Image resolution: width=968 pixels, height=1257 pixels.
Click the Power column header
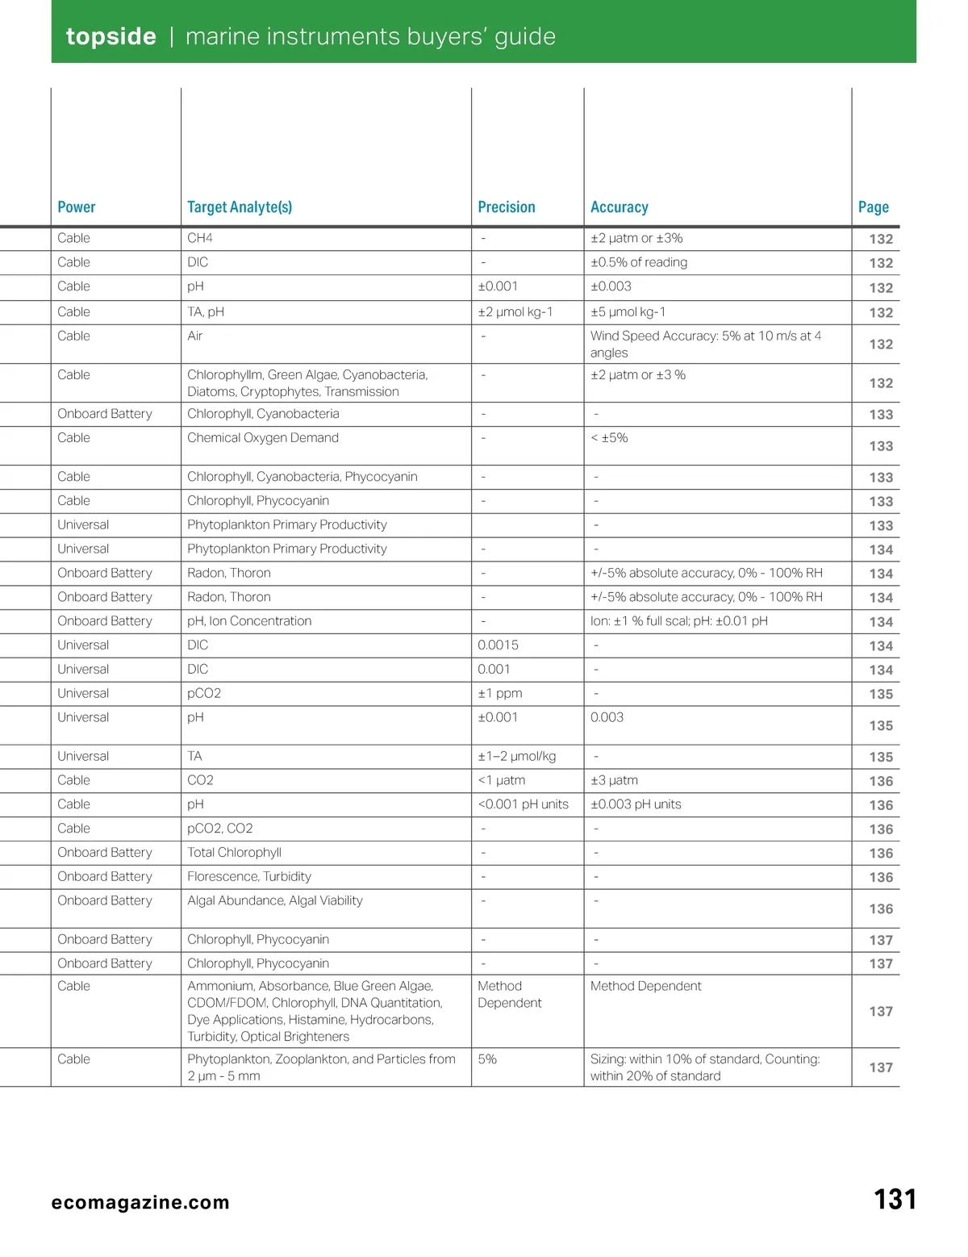click(77, 207)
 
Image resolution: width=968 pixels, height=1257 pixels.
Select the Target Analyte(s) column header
click(240, 207)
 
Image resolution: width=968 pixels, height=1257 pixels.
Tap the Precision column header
click(507, 207)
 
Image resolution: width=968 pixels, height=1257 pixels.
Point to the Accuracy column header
click(619, 207)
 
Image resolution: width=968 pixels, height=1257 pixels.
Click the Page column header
click(874, 207)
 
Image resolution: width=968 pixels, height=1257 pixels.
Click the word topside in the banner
click(111, 36)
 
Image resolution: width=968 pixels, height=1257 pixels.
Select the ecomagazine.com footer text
click(140, 1202)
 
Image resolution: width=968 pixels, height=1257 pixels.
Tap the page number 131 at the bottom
click(895, 1200)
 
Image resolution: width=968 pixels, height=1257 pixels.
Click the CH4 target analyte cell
click(200, 238)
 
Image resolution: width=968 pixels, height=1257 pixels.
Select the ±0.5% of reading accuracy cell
click(639, 262)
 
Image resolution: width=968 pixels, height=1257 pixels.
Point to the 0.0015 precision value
click(498, 645)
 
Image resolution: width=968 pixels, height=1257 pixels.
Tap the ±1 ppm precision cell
click(500, 693)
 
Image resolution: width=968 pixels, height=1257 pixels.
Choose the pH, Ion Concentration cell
click(249, 620)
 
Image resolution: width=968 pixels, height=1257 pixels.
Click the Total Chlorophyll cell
click(234, 852)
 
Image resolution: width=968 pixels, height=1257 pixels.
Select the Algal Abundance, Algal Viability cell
click(275, 900)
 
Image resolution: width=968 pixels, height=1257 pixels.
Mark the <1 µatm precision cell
click(502, 780)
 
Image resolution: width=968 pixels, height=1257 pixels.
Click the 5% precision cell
click(487, 1059)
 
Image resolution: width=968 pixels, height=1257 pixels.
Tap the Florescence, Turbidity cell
click(249, 876)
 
